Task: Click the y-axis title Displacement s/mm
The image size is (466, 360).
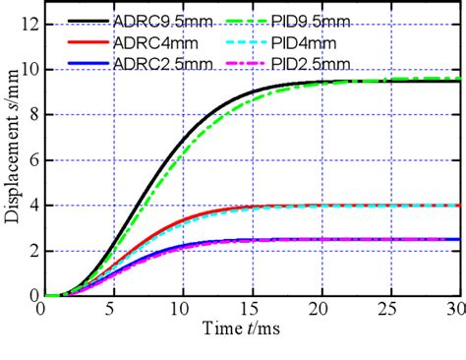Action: (13, 157)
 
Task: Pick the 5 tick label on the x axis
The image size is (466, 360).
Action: (109, 309)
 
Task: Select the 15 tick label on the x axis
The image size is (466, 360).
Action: (250, 309)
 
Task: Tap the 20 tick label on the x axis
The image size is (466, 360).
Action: (320, 309)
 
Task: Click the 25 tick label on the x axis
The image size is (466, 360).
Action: (390, 309)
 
